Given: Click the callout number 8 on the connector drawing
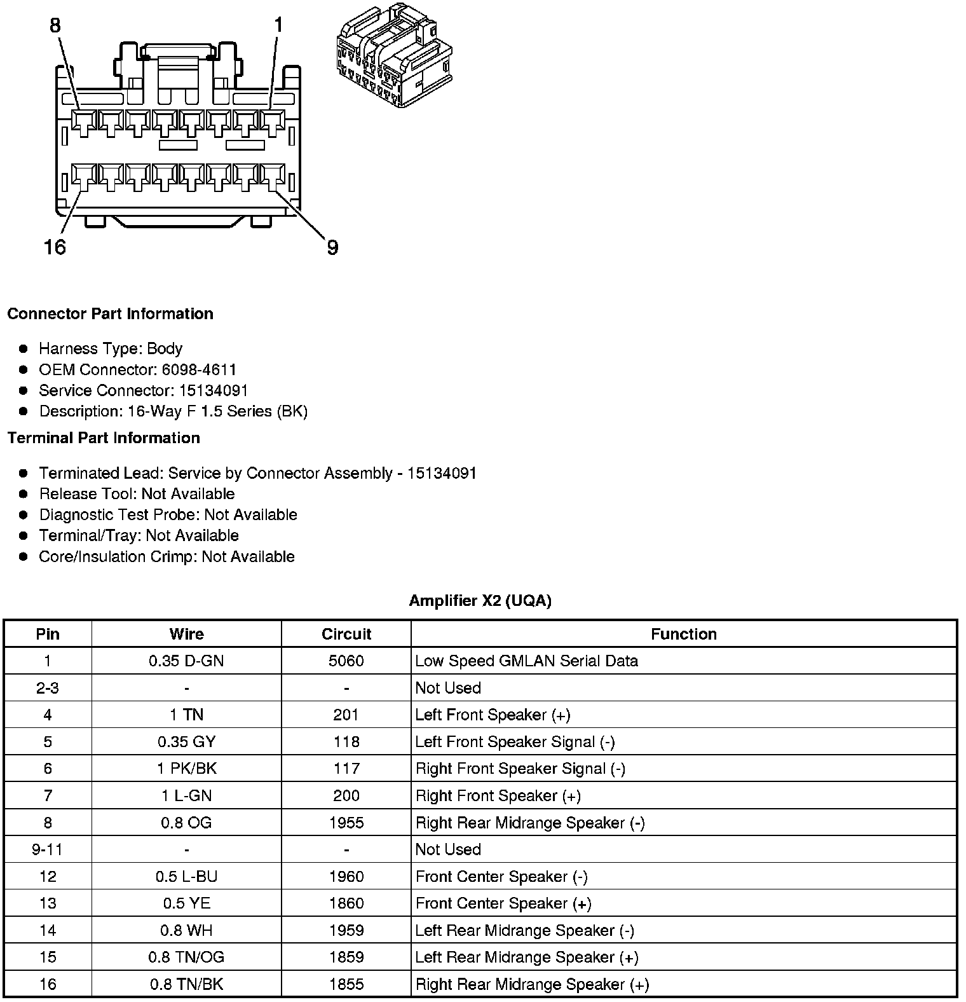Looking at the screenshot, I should [x=55, y=25].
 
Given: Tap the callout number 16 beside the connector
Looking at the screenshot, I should [x=55, y=247].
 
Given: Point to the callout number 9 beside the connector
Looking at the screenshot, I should [x=332, y=247].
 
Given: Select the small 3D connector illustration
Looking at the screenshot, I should [x=394, y=55].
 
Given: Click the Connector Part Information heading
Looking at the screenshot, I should [x=110, y=314].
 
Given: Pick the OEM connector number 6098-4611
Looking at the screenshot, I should [x=199, y=369].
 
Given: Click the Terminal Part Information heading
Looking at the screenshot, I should [x=104, y=438].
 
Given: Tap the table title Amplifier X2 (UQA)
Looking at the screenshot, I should [x=480, y=601].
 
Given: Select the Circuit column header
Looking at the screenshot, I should [x=346, y=634].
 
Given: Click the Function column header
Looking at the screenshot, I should [x=683, y=634].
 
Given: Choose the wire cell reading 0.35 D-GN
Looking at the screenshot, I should [x=186, y=661].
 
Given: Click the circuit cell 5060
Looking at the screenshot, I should [x=346, y=661].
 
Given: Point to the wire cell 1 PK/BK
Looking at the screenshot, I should [x=186, y=769].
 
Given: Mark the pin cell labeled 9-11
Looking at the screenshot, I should [x=48, y=849].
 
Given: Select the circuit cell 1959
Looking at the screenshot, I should [x=346, y=931].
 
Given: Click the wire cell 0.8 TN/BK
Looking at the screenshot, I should [x=186, y=985].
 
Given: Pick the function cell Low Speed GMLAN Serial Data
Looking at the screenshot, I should [x=526, y=661].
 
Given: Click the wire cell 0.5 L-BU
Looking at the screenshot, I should [x=186, y=877].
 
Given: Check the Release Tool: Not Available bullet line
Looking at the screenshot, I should [x=137, y=494].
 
